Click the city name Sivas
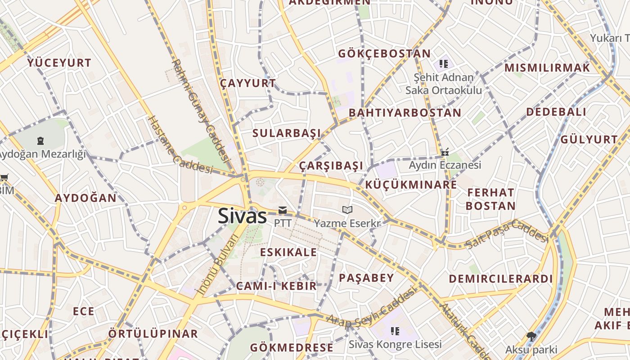(243, 216)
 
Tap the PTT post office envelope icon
(283, 210)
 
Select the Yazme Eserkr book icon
(347, 210)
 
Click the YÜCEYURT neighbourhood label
(59, 63)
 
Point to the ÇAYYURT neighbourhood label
(248, 83)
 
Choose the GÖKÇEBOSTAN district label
(384, 54)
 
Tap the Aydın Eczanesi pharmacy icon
(445, 152)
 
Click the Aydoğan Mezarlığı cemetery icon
(41, 141)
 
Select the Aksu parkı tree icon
(531, 336)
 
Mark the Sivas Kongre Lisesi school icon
(395, 332)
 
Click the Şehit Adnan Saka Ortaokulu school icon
(444, 64)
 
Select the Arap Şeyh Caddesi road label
(371, 308)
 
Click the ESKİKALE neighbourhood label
(288, 252)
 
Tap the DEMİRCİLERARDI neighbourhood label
(500, 279)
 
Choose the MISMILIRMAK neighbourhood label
(547, 68)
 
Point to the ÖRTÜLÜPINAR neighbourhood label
(153, 334)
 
